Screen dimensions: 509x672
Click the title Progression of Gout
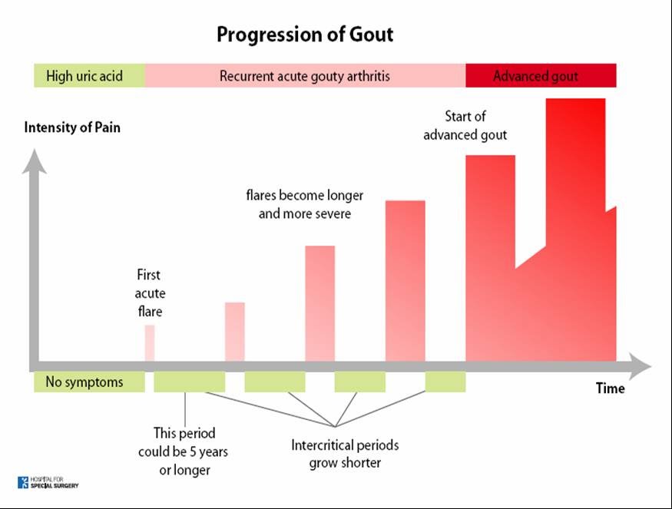click(x=305, y=35)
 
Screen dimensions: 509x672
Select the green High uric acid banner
click(x=89, y=76)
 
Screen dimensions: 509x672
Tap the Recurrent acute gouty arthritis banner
click(x=305, y=76)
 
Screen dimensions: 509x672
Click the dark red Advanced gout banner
click(x=540, y=76)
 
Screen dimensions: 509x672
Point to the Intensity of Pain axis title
click(x=72, y=127)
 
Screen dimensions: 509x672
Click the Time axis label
click(x=610, y=388)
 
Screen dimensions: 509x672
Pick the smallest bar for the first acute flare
click(x=150, y=342)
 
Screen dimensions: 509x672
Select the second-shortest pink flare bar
click(x=234, y=331)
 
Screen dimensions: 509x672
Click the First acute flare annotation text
click(x=150, y=293)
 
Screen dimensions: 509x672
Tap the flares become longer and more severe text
click(x=304, y=204)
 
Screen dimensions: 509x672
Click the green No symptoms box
click(x=88, y=382)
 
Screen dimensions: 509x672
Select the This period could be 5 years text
click(x=183, y=451)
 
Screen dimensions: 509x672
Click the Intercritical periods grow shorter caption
click(x=345, y=454)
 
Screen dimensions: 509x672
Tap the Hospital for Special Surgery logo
click(x=48, y=483)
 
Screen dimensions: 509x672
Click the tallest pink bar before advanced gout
click(x=405, y=280)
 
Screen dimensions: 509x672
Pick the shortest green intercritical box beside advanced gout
click(x=445, y=382)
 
